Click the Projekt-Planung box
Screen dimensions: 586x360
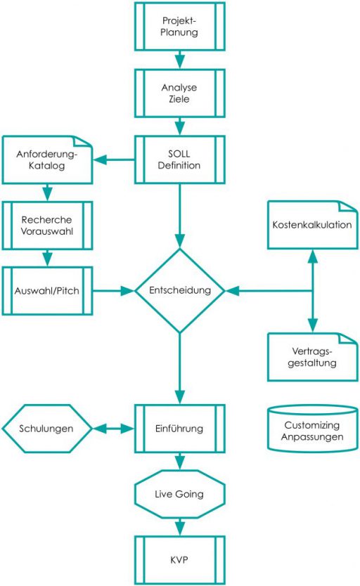click(x=180, y=27)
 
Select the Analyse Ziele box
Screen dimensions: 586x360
click(x=180, y=93)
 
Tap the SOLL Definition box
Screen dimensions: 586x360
click(x=180, y=159)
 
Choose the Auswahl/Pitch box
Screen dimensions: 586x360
click(x=48, y=290)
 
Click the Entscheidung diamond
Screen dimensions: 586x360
click(x=180, y=290)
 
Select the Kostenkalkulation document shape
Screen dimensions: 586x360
click(x=313, y=226)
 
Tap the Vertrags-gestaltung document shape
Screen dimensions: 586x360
click(x=313, y=357)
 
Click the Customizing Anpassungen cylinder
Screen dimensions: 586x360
click(x=313, y=430)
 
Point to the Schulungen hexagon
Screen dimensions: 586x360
click(x=48, y=428)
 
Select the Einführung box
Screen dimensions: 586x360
click(x=180, y=428)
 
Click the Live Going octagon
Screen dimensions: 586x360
click(x=180, y=494)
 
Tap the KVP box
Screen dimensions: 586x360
click(x=180, y=560)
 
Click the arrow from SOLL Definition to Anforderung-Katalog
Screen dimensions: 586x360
click(x=115, y=160)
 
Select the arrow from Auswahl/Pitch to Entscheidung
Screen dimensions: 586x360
click(x=114, y=290)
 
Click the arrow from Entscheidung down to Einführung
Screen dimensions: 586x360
click(x=180, y=368)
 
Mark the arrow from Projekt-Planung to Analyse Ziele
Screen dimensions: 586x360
click(x=180, y=59)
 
